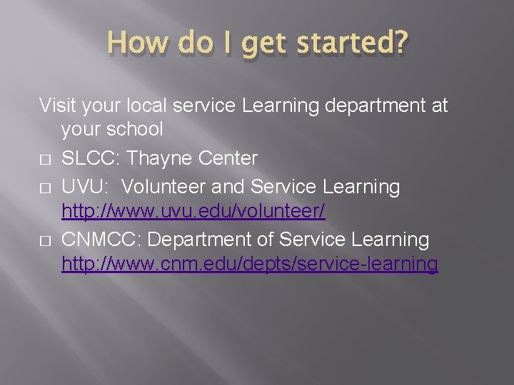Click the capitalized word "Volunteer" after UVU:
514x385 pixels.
tap(168, 187)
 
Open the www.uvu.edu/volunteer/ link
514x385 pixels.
tap(193, 212)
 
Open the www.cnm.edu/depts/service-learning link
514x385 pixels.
tap(250, 265)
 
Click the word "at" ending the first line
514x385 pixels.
tap(439, 106)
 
